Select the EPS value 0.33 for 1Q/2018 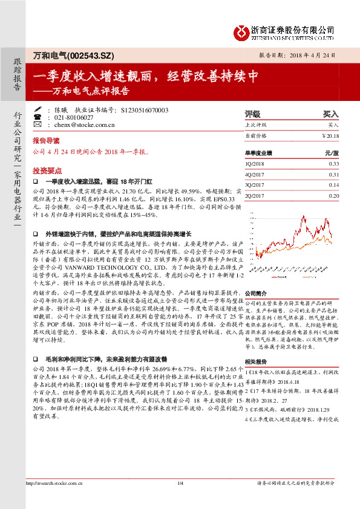[x=333, y=164]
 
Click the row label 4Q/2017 [x=254, y=174]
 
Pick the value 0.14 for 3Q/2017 [x=333, y=184]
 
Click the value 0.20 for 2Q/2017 [x=333, y=195]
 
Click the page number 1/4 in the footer [x=180, y=499]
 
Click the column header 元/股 [x=332, y=154]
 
